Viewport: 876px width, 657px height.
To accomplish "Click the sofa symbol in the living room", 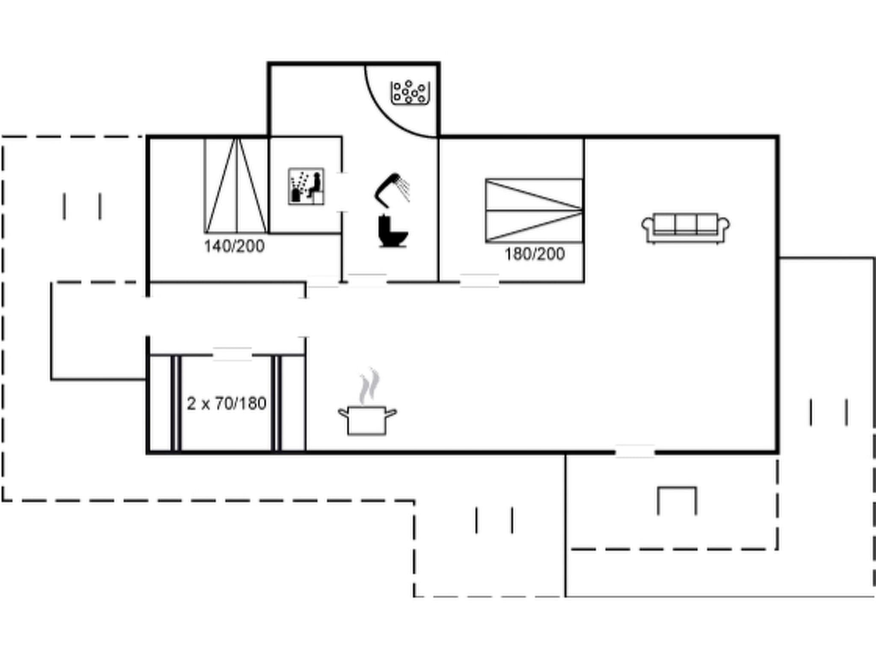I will [686, 228].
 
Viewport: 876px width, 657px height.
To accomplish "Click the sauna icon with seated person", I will [306, 186].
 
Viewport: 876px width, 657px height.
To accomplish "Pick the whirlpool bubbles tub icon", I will [409, 92].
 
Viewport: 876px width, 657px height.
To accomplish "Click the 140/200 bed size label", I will [234, 246].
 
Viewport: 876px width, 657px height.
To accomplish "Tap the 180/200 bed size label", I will [535, 254].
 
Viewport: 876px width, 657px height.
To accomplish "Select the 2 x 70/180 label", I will [226, 403].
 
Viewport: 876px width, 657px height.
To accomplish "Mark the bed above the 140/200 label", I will [236, 186].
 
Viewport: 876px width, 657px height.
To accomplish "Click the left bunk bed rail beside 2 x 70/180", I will [176, 403].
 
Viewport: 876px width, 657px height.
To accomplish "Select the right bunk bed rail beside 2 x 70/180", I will [276, 403].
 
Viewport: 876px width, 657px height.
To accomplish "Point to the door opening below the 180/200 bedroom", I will [479, 281].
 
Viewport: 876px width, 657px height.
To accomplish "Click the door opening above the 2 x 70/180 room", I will [232, 354].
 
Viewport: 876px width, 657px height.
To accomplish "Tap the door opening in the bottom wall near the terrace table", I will [635, 451].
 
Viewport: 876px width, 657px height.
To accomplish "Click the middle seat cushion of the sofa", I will [686, 223].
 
